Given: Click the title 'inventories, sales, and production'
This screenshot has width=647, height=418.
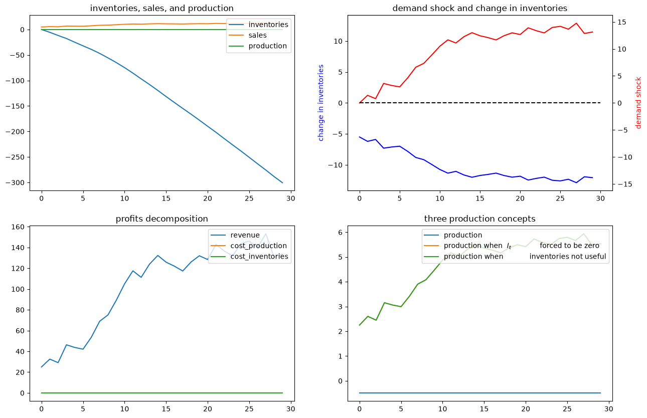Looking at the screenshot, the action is point(161,8).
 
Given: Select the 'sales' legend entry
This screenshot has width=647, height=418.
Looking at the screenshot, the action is point(257,35).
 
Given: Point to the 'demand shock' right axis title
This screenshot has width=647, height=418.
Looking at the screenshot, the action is point(638,103).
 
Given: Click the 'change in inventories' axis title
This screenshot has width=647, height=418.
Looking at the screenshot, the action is point(320,103).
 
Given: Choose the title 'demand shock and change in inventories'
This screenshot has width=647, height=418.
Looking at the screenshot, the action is point(480,8).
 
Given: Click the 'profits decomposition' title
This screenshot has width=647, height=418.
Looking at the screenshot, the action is point(161,219).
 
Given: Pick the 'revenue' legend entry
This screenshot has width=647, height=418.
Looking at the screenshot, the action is point(245,235).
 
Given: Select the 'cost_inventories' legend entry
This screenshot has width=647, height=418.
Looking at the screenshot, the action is point(259,256).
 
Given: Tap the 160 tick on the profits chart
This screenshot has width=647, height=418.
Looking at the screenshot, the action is point(18,227).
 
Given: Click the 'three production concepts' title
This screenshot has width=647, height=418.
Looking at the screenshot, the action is point(480,219).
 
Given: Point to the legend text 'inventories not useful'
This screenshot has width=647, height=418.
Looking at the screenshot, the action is point(568,256).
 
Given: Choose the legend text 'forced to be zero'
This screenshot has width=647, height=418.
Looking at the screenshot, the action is point(570,246).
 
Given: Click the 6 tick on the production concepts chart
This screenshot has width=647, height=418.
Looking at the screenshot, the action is point(341,233).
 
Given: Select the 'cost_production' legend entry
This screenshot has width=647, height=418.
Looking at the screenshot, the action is point(258,246).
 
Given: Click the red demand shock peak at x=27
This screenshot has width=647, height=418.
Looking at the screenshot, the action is point(576,23).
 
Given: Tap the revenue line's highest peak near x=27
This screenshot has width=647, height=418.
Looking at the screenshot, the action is point(265,234).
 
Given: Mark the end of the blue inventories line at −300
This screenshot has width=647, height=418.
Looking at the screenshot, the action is point(282,183).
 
